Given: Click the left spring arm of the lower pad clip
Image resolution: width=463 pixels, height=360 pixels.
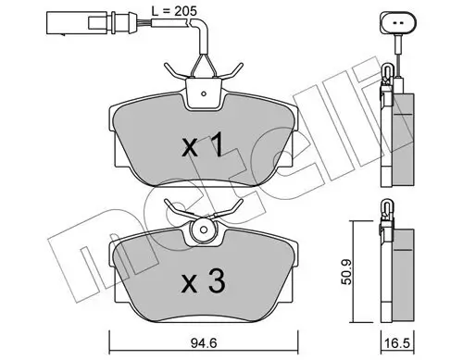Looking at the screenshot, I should [x=175, y=209].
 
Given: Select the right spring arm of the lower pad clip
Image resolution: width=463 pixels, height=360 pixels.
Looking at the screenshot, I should [x=231, y=209].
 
